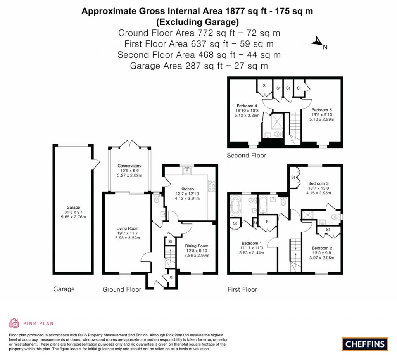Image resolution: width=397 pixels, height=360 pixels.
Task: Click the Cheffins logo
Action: (364, 344)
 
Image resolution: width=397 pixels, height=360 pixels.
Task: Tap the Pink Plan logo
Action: (31, 323)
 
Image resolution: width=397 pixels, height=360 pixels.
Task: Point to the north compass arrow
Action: (319, 43)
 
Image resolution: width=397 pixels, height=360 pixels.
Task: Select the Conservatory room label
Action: (129, 166)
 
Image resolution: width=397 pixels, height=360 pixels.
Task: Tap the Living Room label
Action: (127, 228)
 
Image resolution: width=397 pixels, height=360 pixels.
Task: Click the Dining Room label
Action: (196, 246)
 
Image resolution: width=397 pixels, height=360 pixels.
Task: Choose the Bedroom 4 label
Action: (247, 106)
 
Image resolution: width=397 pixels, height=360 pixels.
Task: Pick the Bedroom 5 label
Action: (322, 110)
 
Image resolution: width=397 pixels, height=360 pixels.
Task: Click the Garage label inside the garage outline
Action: (72, 208)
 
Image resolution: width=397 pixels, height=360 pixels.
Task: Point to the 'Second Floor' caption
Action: (247, 156)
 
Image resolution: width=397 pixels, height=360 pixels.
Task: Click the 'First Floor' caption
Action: (242, 289)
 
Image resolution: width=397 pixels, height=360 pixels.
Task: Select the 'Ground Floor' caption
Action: (119, 289)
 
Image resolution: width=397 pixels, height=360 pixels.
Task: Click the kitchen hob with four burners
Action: (212, 187)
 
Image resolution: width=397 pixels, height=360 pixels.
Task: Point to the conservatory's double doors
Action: (129, 144)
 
